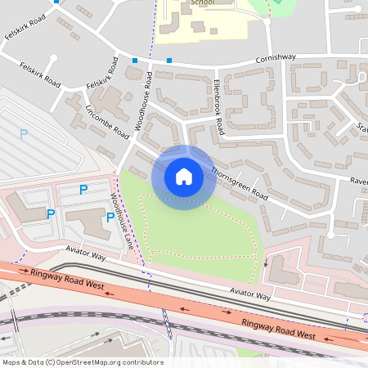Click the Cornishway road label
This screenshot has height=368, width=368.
click(276, 58)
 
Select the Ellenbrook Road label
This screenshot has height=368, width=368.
click(218, 107)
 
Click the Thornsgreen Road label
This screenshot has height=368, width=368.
click(239, 183)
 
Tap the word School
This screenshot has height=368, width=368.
click(202, 3)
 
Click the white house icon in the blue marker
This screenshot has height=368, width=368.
click(184, 177)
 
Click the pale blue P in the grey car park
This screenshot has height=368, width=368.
click(24, 132)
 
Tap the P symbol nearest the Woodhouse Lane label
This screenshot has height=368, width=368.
click(110, 217)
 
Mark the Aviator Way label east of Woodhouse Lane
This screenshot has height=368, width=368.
click(250, 293)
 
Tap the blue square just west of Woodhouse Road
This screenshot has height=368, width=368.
click(135, 61)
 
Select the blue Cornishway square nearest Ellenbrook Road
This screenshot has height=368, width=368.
click(169, 61)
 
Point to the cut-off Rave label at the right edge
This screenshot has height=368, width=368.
click(359, 181)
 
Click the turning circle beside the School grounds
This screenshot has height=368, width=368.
click(267, 21)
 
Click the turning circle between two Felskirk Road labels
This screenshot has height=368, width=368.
click(53, 58)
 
